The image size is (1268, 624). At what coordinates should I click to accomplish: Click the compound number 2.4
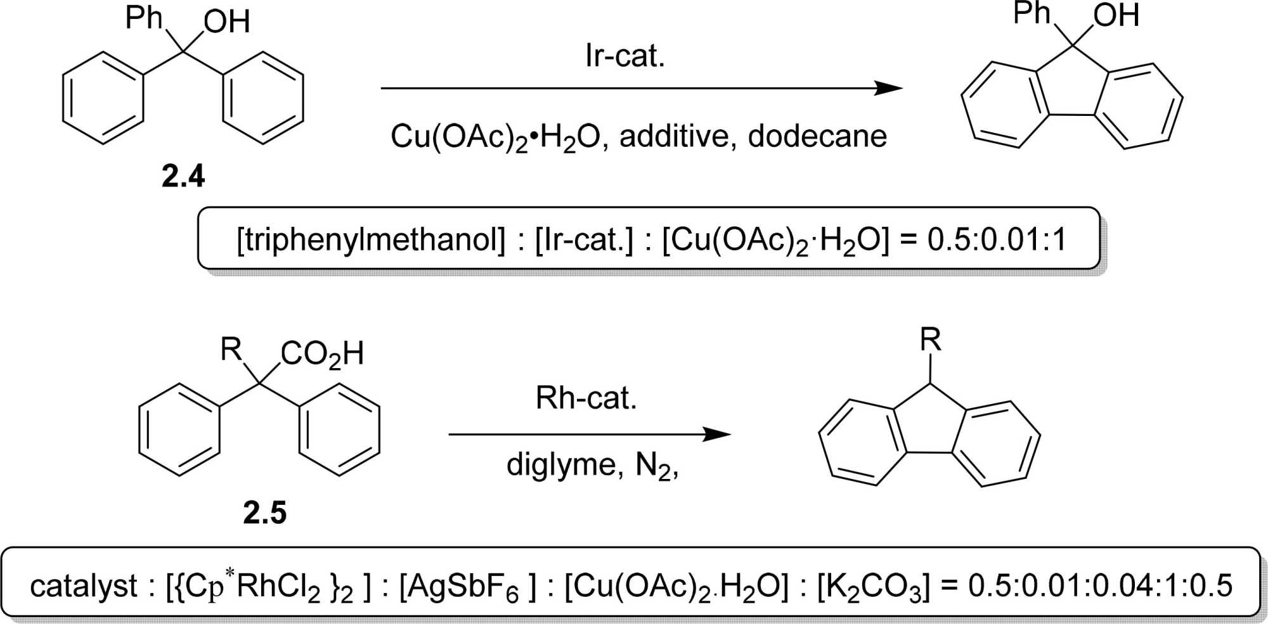pos(183,176)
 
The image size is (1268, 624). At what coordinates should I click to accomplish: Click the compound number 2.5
pos(265,512)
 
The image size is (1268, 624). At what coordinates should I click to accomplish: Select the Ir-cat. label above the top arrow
pos(624,56)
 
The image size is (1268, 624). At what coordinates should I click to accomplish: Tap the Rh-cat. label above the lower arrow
pos(586,398)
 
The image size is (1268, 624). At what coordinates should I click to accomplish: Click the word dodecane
pos(817,136)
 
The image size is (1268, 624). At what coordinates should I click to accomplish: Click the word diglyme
pos(560,466)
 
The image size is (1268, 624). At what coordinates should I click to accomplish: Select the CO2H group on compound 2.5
pos(322,353)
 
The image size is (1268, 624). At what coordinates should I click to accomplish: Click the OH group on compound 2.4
pos(226,23)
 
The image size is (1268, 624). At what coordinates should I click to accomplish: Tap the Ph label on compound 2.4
pos(144,17)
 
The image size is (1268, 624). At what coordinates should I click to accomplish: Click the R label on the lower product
pos(930,340)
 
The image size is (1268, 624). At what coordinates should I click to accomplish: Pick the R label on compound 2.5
pos(231,349)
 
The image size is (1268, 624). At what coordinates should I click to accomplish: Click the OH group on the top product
pos(1116,16)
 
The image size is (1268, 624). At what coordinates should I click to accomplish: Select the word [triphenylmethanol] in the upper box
pos(371,239)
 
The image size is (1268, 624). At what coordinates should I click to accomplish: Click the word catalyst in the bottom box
pos(84,586)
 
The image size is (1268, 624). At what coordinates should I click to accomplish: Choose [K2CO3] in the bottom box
pos(872,587)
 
